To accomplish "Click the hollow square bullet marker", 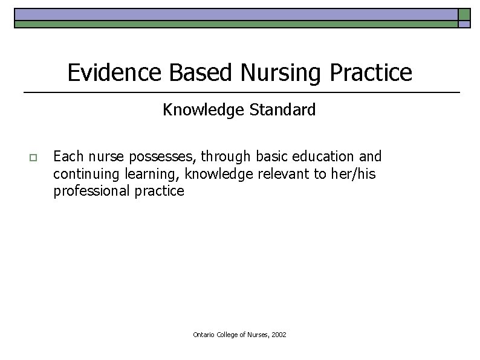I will click(x=33, y=158).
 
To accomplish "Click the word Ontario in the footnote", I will click(x=204, y=334).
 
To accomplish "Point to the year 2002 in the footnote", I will click(x=279, y=334).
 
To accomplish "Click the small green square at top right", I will click(x=464, y=14).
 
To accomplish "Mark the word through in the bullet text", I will click(x=225, y=156).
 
